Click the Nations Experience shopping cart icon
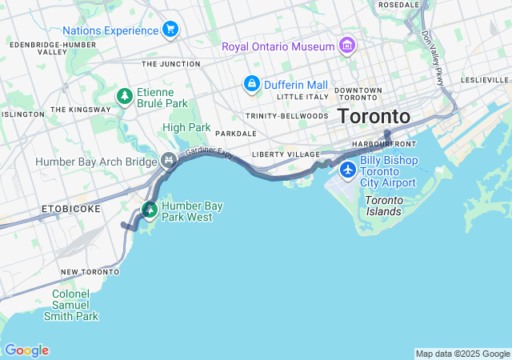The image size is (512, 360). [170, 30]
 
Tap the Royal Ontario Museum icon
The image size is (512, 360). [346, 46]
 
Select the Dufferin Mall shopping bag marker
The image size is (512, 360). [251, 84]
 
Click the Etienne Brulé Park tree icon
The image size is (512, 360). [124, 97]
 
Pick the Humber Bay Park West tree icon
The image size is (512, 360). [150, 210]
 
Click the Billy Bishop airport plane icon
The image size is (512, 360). [348, 170]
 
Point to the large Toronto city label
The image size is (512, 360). [374, 116]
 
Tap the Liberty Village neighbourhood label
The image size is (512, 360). [286, 154]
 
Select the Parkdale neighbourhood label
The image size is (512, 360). [236, 134]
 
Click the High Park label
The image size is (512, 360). [186, 127]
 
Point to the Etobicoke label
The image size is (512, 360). [71, 209]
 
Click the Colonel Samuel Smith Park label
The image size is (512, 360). [76, 305]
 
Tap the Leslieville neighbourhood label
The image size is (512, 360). [486, 80]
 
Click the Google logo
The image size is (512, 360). [26, 350]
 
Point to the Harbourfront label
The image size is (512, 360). [384, 144]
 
